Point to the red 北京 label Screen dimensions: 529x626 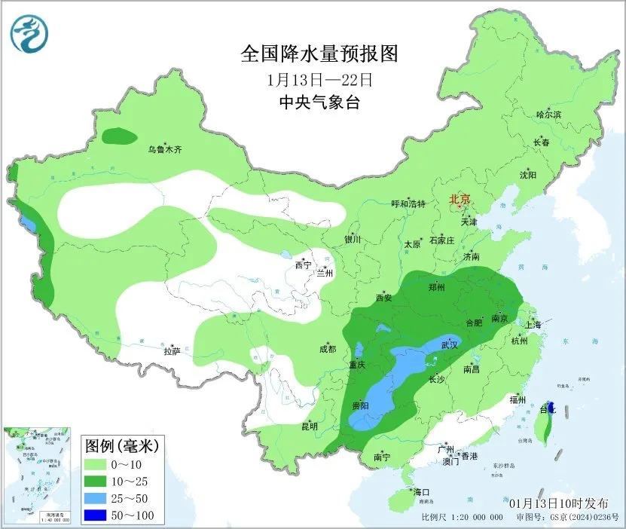coord(459,200)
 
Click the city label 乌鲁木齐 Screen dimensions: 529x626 coord(164,150)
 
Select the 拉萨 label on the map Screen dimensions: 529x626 coord(172,351)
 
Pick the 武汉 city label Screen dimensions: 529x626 coord(450,344)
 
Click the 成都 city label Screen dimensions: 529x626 coord(328,349)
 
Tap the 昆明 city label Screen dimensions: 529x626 coord(310,427)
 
